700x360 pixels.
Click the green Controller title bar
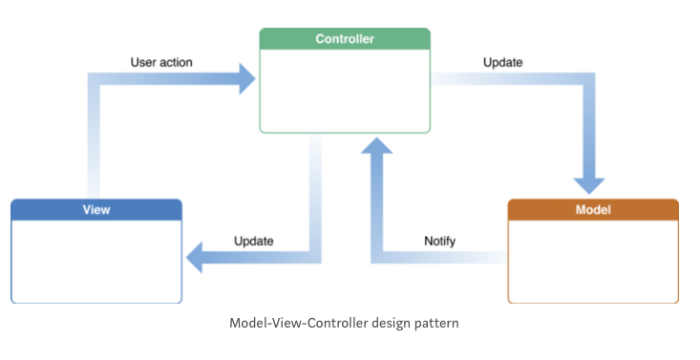[345, 39]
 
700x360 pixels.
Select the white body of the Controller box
[345, 91]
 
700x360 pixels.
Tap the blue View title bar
[95, 209]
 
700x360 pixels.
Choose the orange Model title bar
[592, 209]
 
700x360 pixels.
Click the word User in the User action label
[144, 63]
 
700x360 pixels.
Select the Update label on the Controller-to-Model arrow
[502, 63]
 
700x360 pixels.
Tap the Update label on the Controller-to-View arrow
[254, 241]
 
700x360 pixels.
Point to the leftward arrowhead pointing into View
[197, 256]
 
